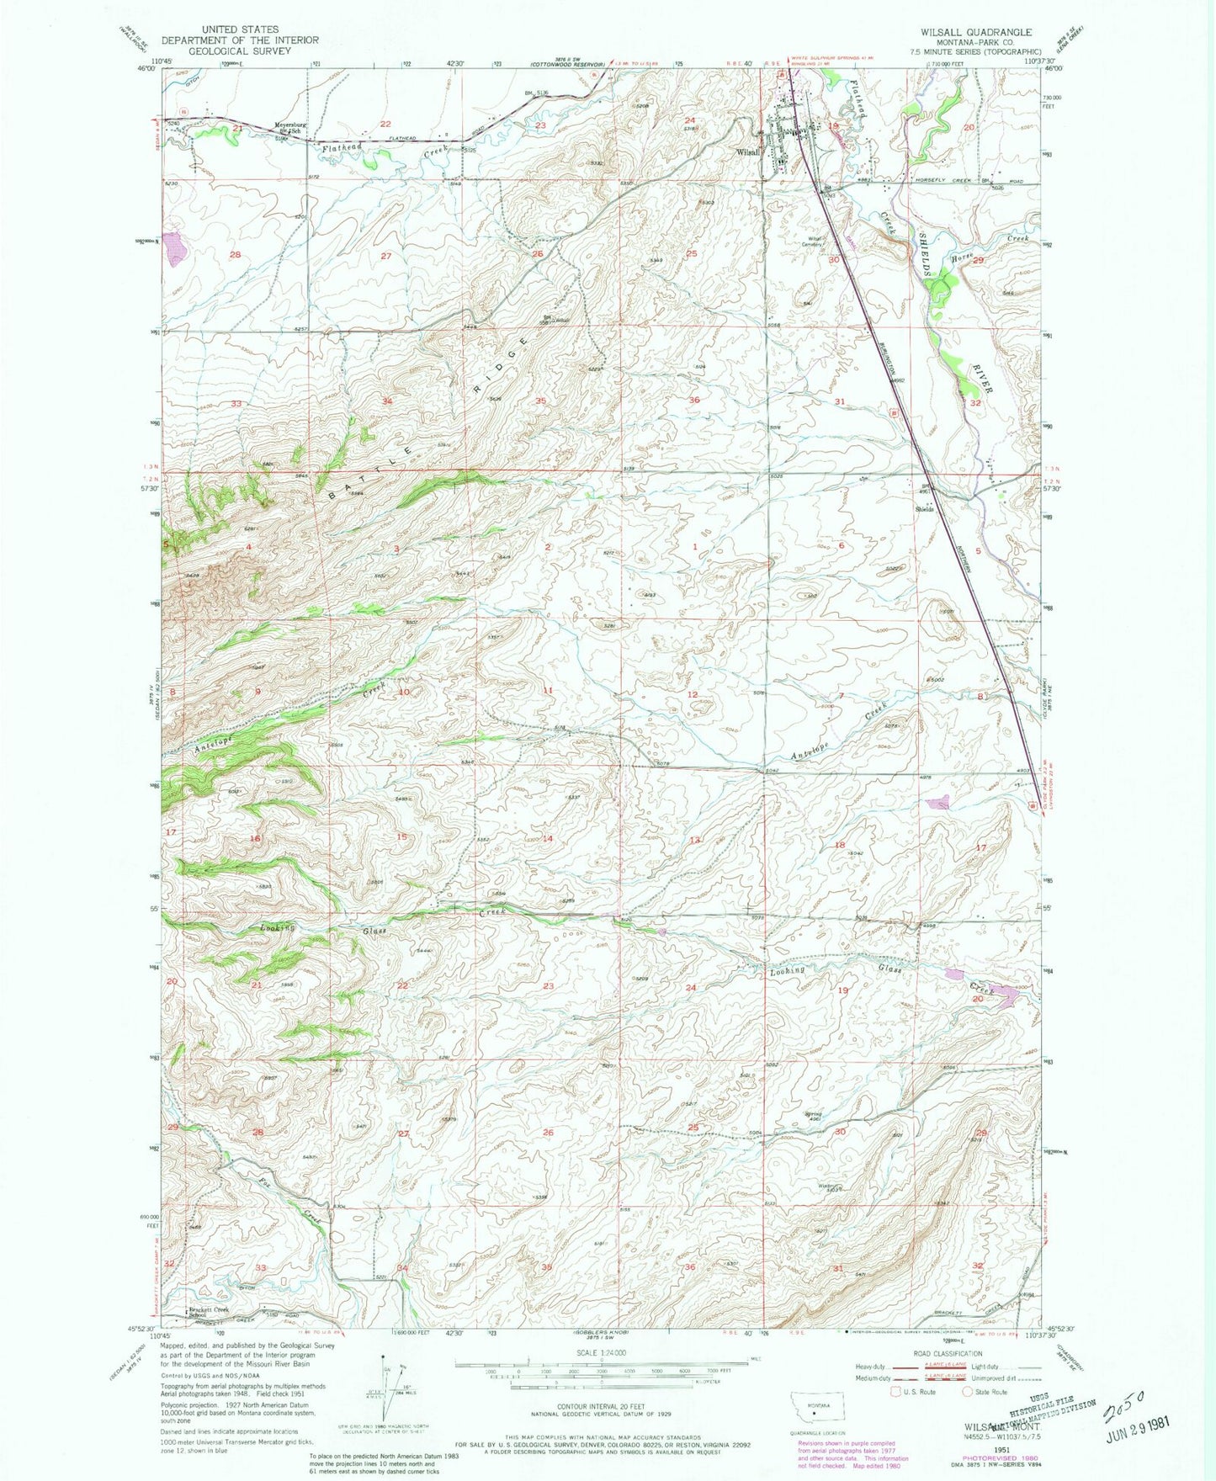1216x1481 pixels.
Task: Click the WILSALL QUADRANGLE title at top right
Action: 976,31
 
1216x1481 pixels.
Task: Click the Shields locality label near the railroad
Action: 925,510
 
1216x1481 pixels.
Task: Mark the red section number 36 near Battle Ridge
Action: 694,401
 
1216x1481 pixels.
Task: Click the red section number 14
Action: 548,839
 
